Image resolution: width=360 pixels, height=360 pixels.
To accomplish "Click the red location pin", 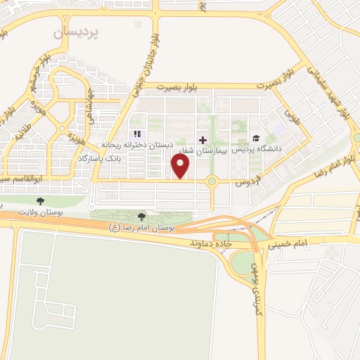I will click(181, 166).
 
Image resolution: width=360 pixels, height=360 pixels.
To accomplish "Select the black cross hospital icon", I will click(203, 140).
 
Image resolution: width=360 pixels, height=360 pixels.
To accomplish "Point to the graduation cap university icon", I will click(255, 138).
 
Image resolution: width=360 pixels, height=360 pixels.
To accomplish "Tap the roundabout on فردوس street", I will click(212, 182).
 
